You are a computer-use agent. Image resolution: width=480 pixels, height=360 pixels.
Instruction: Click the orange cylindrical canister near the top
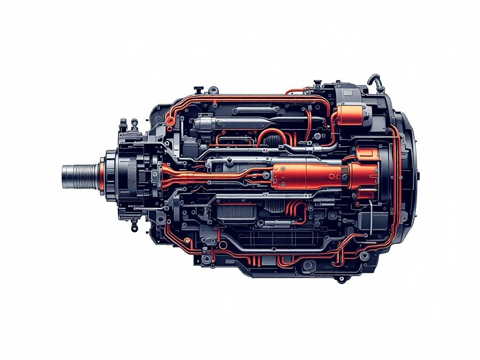tap(349, 115)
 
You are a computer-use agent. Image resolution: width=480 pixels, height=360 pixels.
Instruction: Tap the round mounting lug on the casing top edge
tap(213, 90)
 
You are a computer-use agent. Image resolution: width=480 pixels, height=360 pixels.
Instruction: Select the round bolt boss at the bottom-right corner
tap(363, 255)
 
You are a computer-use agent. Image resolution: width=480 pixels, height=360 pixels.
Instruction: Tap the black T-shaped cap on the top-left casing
tap(199, 88)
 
